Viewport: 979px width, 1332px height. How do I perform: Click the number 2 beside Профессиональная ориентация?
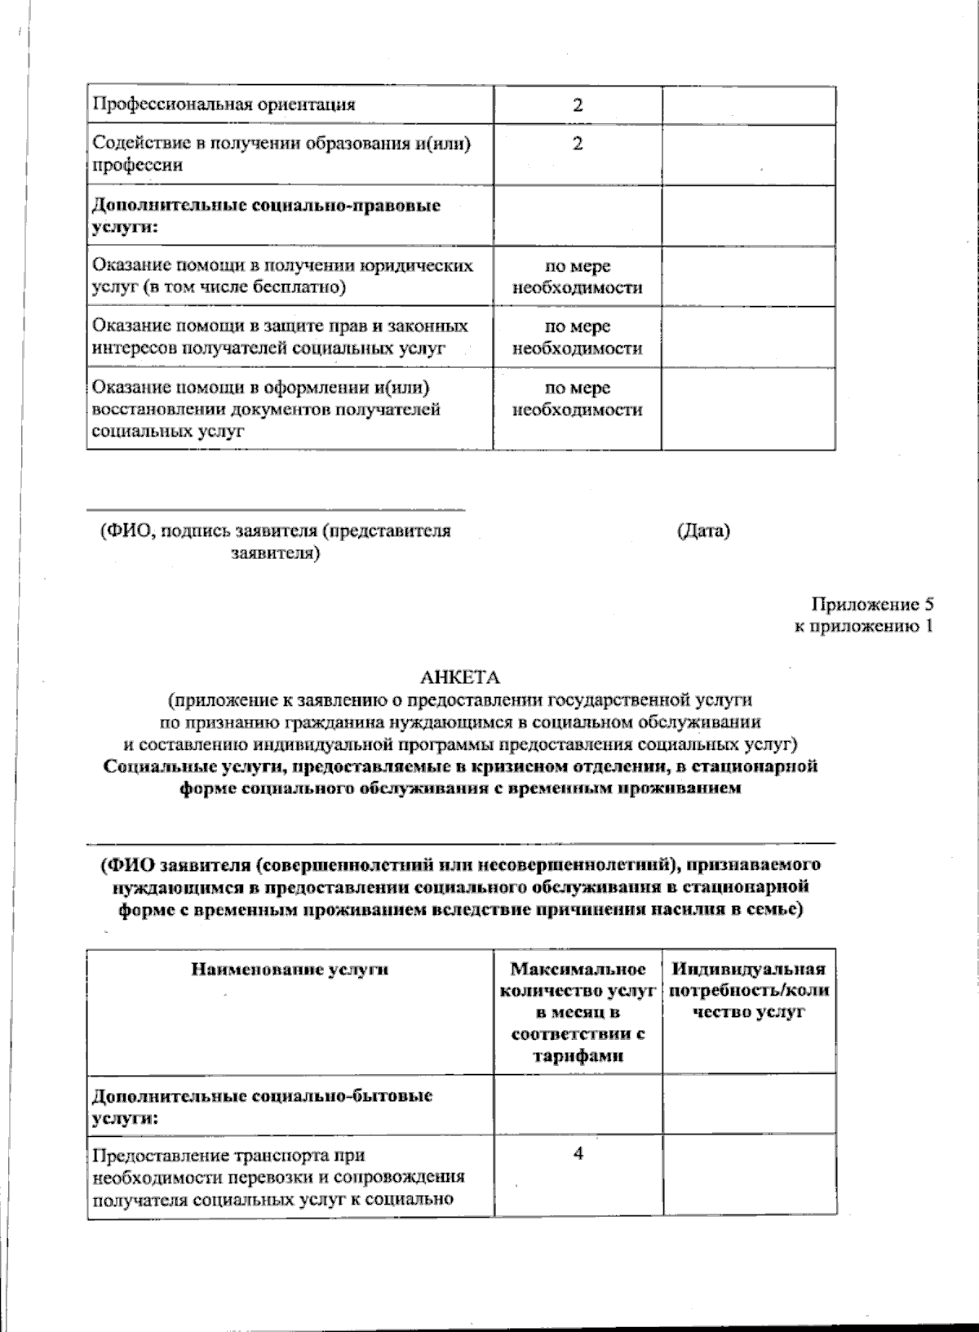[578, 105]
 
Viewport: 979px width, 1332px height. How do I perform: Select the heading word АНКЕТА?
[459, 677]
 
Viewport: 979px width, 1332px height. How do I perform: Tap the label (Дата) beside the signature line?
[703, 531]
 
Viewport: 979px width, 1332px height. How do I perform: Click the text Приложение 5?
[871, 605]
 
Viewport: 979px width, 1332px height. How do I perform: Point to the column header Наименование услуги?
[290, 970]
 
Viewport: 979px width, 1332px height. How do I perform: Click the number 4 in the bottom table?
[578, 1153]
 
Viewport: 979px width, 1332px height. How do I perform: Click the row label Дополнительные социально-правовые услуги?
[265, 215]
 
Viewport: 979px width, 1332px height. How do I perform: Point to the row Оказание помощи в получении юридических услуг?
[281, 277]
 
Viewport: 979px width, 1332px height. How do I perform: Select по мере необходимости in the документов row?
[578, 399]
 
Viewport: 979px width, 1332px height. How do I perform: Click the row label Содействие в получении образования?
[281, 154]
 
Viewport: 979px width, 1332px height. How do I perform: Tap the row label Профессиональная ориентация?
[224, 105]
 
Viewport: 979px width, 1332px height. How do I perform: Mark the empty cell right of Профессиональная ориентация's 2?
[748, 105]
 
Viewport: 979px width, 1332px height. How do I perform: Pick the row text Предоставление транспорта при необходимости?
[277, 1177]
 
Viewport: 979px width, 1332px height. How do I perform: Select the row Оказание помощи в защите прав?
[280, 337]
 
